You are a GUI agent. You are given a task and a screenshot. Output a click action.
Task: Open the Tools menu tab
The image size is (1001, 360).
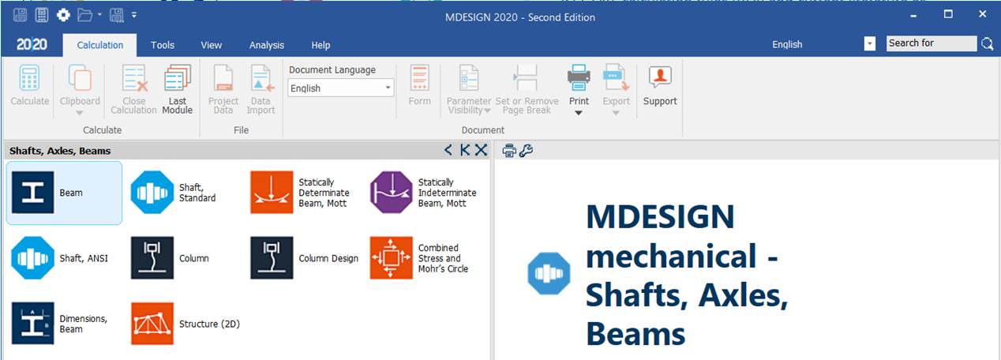point(162,45)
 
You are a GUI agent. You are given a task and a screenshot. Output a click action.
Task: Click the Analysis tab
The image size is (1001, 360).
point(266,45)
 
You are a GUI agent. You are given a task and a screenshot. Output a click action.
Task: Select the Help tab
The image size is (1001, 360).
point(321,45)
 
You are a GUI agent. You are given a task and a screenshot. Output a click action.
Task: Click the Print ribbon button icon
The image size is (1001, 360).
point(579,77)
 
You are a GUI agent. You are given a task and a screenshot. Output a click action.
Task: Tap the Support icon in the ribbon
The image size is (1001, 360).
point(660,77)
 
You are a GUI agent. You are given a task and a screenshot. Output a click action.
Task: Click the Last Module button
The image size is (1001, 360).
point(178,89)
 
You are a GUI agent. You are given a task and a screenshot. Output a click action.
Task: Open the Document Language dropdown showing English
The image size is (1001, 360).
point(340,88)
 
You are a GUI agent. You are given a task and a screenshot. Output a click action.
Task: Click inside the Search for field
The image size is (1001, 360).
point(932,43)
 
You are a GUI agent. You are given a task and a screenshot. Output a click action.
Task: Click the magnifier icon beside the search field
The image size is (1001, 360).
point(987,43)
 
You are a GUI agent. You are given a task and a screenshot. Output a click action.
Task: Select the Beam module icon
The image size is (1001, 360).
point(32,193)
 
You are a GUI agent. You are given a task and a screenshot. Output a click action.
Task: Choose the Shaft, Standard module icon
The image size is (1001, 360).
point(152,193)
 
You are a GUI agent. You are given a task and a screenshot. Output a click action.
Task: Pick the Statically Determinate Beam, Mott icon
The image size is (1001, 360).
point(272,193)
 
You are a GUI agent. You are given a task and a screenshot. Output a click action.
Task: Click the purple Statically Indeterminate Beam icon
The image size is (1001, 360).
point(391,193)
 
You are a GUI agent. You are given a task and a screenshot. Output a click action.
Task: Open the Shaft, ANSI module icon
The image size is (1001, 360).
point(32,258)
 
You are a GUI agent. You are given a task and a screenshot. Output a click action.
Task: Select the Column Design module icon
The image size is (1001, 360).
point(272,258)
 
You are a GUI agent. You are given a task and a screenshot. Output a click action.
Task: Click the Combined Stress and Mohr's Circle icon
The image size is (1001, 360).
point(391,258)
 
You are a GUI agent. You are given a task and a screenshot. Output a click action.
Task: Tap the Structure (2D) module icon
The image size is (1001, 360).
point(152,324)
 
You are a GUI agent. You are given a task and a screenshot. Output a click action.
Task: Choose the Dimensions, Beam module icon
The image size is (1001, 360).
point(32,324)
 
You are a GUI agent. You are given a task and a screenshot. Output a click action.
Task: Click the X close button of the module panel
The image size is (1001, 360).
point(481,150)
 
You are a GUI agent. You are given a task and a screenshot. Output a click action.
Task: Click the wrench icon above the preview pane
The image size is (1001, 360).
point(526,151)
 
